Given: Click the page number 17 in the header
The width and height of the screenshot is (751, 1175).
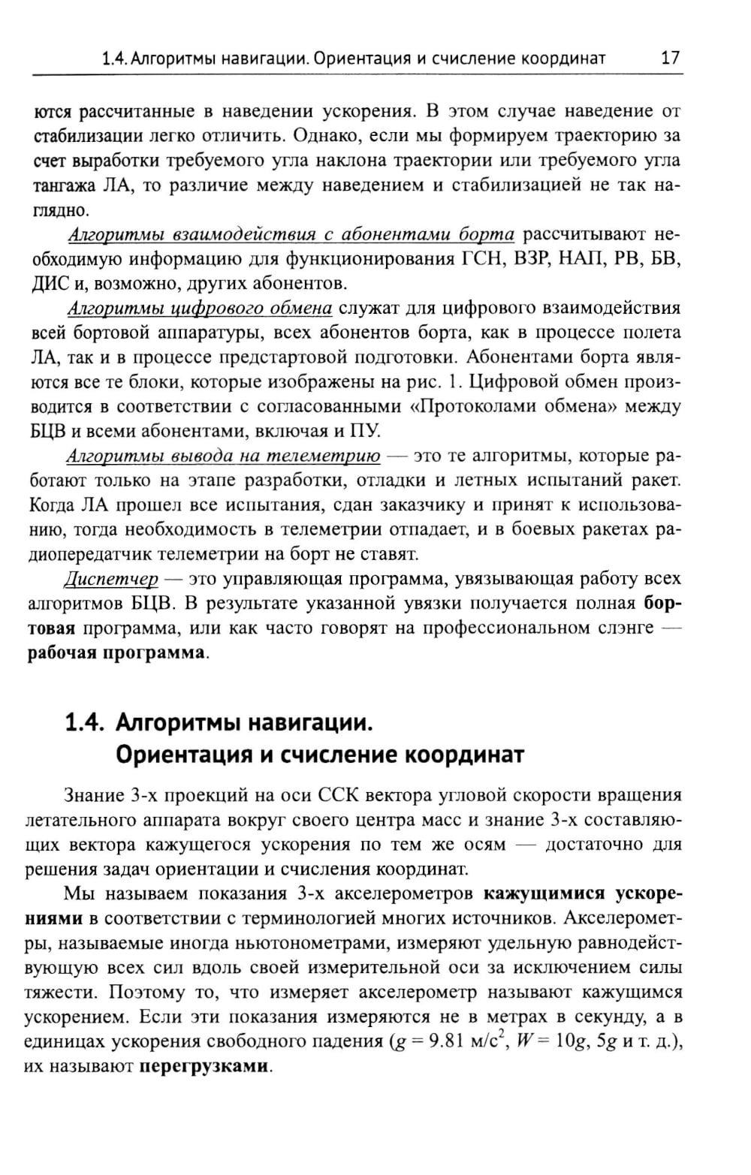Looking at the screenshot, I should [x=670, y=58].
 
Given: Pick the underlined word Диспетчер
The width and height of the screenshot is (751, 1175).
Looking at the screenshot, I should [x=111, y=579].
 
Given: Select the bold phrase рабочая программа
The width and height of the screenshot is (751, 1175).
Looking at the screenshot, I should [x=116, y=652].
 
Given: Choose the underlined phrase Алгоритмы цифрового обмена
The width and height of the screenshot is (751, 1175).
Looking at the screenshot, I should [x=200, y=309].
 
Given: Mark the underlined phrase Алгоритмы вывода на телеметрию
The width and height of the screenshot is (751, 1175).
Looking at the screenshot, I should [x=223, y=456].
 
